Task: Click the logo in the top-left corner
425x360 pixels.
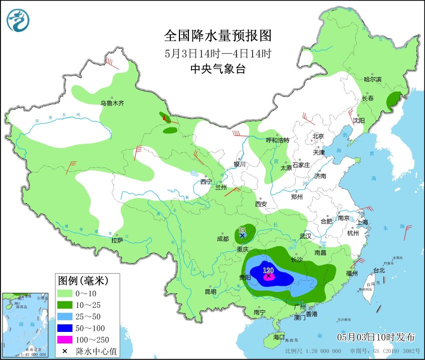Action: point(18,20)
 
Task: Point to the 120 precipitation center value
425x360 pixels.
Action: point(269,270)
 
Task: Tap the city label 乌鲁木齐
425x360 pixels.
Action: point(112,103)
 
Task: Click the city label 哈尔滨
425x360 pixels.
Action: point(372,80)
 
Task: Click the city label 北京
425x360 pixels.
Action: point(318,136)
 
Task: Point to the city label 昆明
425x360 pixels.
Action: point(210,292)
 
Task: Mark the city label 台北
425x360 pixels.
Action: point(379,270)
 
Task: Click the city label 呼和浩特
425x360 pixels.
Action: point(277,140)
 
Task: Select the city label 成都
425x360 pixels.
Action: point(223,239)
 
